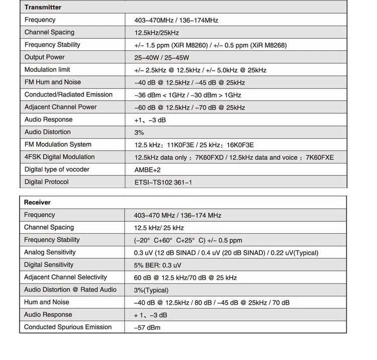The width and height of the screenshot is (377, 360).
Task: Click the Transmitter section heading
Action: click(43, 8)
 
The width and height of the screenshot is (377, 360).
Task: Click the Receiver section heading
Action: click(37, 202)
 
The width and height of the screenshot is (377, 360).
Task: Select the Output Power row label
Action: click(45, 57)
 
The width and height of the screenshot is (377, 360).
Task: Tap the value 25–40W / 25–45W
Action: click(162, 58)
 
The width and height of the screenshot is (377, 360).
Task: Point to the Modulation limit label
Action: click(47, 70)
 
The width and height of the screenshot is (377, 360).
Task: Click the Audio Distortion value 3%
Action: click(139, 133)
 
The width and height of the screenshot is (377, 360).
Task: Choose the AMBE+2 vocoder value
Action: click(147, 170)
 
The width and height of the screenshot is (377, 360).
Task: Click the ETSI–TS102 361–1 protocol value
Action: click(163, 183)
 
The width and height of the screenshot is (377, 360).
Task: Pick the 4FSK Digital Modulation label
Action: click(59, 157)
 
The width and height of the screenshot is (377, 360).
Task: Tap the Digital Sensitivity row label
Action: click(49, 265)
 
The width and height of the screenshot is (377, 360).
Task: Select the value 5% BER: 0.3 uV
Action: click(157, 265)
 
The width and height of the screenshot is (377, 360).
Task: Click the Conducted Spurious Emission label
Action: click(68, 327)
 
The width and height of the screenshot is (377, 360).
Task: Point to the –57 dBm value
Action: click(147, 328)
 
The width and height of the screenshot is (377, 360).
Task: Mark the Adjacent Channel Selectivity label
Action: click(65, 277)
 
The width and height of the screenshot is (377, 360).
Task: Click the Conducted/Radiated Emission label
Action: click(68, 95)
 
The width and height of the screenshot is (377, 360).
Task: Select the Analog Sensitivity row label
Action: click(50, 252)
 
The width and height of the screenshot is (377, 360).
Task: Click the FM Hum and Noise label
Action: click(52, 82)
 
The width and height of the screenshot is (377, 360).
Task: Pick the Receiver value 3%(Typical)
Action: click(151, 290)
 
